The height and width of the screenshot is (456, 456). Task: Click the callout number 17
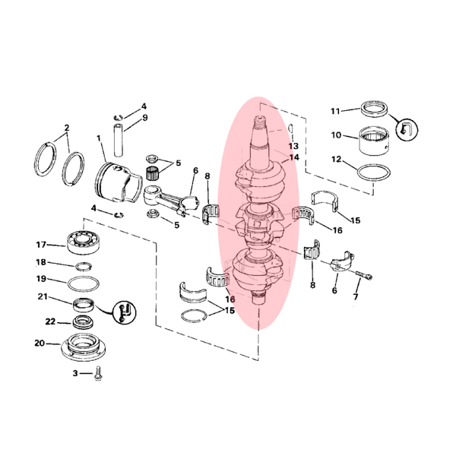[41, 245]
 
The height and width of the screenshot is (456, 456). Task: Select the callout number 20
[40, 344]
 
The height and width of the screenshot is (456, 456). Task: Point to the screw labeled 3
[98, 373]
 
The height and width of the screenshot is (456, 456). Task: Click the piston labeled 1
[117, 182]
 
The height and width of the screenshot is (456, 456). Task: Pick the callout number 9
[145, 118]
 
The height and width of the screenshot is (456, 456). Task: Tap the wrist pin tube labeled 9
[118, 141]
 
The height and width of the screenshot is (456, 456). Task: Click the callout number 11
[335, 111]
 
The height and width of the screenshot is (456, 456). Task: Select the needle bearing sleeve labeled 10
[373, 141]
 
